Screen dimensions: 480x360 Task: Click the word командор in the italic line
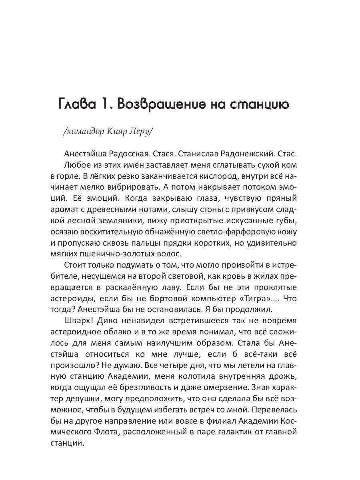[x=86, y=133]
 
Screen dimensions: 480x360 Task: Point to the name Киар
[x=119, y=133]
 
